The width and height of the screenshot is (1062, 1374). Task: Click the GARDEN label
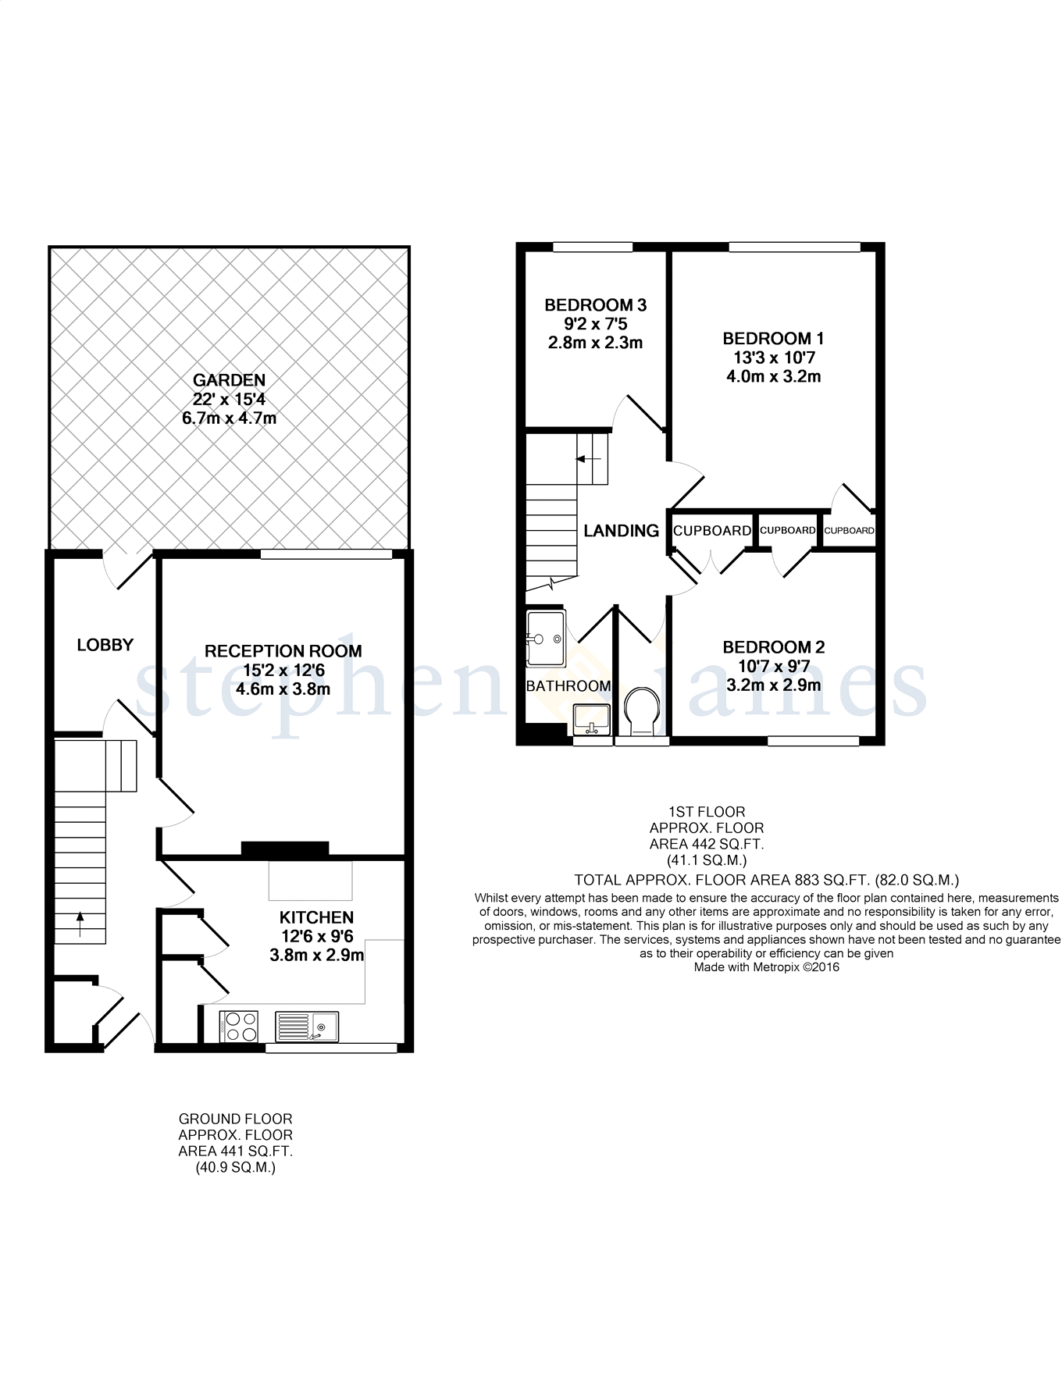pos(229,380)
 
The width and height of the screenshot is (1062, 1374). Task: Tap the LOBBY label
pos(105,645)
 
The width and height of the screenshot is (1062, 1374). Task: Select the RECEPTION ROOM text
pos(283,651)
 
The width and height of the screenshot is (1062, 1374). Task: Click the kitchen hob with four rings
pos(239,1026)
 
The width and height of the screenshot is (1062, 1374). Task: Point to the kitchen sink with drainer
pos(307,1026)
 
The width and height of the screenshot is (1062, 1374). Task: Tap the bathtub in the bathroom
pos(545,639)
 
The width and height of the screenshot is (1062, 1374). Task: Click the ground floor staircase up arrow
pos(80,924)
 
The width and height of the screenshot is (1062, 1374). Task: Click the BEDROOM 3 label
pos(595,305)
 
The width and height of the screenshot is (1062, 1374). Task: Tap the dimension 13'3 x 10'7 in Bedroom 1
pos(773,358)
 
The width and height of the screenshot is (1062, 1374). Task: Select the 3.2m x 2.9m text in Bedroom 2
pos(773,685)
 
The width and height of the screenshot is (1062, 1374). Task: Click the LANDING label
pos(622,531)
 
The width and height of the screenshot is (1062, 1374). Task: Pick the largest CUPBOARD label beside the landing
pos(711,531)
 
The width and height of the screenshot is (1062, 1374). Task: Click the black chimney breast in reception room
pos(284,849)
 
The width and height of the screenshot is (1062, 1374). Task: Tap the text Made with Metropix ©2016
pos(766,967)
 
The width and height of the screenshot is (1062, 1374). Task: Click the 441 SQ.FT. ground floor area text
pos(236,1152)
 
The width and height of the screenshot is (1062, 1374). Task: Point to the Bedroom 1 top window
pos(794,247)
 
